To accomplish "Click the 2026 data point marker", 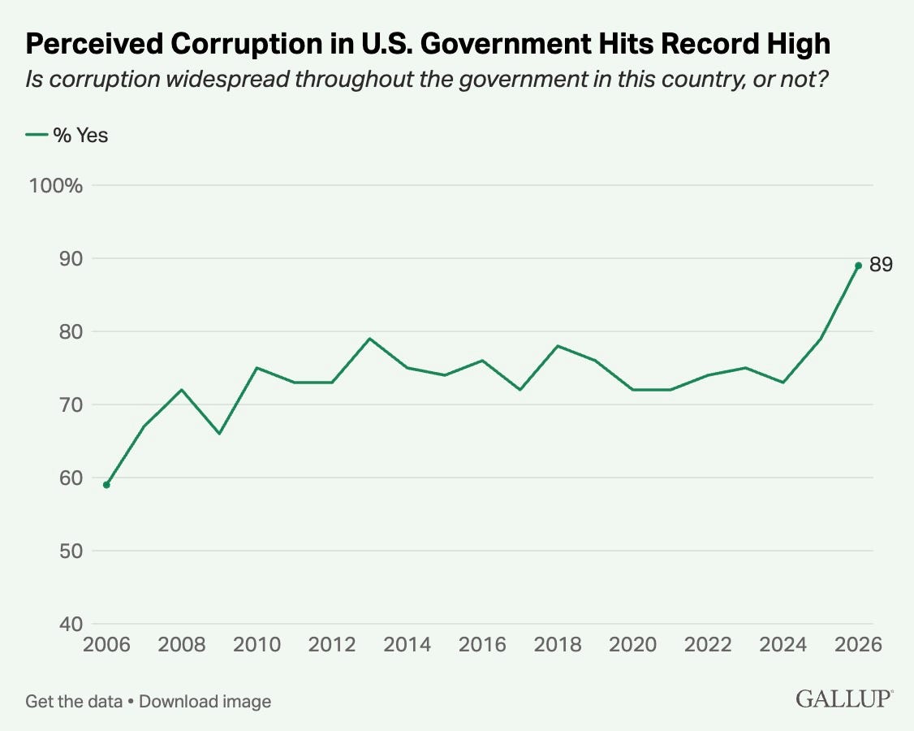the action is [858, 266].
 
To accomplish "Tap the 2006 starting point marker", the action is [106, 485].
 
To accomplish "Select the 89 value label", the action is [881, 264].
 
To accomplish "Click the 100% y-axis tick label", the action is [56, 185].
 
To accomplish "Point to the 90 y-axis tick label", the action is [71, 258].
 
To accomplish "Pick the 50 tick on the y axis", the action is [71, 551].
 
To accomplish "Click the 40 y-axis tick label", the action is [71, 624].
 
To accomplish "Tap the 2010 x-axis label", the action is [257, 644].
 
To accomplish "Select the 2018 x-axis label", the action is [558, 644].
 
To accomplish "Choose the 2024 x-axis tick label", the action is [783, 644].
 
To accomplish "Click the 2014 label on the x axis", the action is [407, 644].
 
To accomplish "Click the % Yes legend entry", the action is [67, 135].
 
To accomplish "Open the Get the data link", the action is [74, 701].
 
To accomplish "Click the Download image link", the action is [205, 701].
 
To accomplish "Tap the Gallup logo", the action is [844, 699].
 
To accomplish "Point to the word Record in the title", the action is [704, 43].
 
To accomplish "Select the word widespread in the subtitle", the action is [228, 79].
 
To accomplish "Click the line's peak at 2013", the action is [369, 339].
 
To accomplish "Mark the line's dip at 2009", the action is [219, 434].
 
